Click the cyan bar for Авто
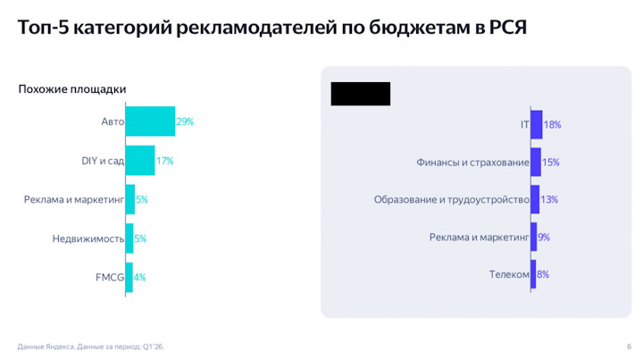[150, 121]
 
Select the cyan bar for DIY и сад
[140, 161]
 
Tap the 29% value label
[185, 121]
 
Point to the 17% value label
[164, 161]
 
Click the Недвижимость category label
[88, 239]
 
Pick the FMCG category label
[110, 277]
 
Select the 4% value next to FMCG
[139, 277]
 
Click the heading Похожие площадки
[72, 89]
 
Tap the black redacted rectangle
[361, 94]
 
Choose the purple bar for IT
[536, 124]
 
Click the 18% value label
[552, 124]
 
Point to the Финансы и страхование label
[472, 163]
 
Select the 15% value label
[550, 163]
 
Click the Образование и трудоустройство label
[451, 199]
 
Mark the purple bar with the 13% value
[534, 199]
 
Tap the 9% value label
[543, 237]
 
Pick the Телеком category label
[509, 274]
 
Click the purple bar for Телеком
[533, 274]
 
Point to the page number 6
[629, 346]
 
